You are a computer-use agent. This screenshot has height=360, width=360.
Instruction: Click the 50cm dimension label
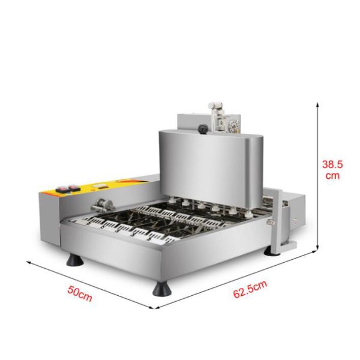[80, 293]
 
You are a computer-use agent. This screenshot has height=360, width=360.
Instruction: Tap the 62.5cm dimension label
[250, 289]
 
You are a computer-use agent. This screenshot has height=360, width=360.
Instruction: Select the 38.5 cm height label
[332, 170]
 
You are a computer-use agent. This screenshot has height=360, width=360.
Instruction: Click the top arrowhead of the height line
[317, 104]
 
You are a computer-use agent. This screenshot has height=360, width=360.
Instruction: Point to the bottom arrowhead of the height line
[317, 247]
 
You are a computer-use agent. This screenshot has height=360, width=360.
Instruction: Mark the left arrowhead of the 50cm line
[29, 262]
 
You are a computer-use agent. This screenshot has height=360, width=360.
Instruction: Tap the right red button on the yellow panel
[74, 188]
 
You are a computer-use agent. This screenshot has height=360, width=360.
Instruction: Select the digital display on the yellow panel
[99, 185]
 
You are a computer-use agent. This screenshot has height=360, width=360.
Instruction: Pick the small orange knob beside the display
[94, 190]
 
